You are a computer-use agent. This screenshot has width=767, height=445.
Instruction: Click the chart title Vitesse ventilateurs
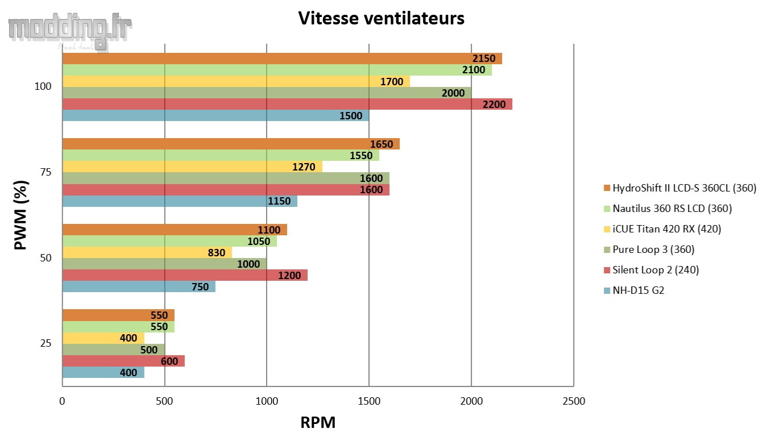coord(382,18)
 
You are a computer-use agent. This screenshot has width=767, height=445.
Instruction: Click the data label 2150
coord(484,59)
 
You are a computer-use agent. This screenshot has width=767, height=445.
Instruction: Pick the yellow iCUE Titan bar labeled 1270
coord(192,167)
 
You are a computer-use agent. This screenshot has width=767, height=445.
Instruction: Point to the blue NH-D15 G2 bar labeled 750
coord(138,286)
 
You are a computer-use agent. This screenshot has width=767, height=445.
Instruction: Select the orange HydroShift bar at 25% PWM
coord(118,315)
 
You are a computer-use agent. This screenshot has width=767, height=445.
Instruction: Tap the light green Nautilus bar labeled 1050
coord(169,241)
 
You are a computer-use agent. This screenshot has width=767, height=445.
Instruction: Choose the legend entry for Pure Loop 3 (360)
coord(653,249)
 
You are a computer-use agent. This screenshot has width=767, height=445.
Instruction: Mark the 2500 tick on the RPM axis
coord(573,401)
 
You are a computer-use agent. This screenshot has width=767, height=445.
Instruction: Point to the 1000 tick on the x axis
coord(267,401)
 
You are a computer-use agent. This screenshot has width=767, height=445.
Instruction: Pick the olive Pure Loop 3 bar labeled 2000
coord(266,93)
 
